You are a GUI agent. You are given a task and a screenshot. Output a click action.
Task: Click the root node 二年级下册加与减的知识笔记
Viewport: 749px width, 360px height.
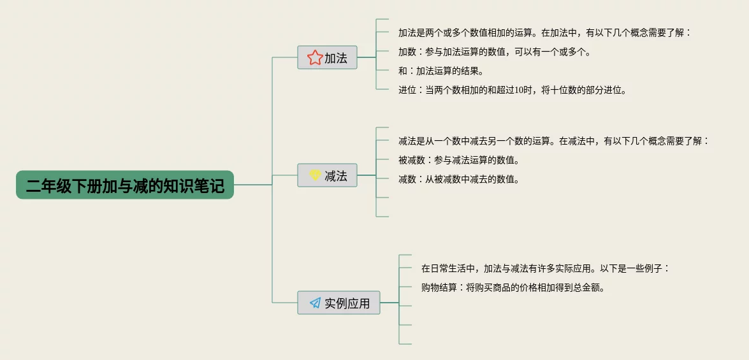(x=125, y=185)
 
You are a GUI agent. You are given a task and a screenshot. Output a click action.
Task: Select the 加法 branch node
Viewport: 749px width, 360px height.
(x=327, y=58)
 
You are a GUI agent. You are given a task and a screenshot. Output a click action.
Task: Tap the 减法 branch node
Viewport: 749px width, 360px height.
(x=327, y=176)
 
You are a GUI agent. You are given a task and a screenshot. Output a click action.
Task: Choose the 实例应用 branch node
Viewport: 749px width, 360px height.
(x=338, y=303)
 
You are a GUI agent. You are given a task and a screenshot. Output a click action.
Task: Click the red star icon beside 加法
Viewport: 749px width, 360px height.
(x=314, y=58)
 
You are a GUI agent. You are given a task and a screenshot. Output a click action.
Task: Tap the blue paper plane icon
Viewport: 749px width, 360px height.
(x=315, y=303)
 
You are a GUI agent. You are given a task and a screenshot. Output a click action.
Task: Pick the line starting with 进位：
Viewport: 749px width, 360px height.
(x=513, y=90)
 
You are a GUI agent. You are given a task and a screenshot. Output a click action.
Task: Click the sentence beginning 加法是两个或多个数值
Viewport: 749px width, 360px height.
(x=544, y=32)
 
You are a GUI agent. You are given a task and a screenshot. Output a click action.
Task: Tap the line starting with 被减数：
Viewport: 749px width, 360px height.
(x=458, y=160)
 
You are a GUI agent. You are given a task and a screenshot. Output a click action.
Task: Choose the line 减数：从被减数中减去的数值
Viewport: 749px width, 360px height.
(x=458, y=179)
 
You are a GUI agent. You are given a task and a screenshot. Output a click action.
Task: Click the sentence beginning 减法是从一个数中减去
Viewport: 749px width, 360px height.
(x=553, y=141)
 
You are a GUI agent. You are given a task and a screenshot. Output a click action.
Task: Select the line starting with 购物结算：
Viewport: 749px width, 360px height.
(x=513, y=287)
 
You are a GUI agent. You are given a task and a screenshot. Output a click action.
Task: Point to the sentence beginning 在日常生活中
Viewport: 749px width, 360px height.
(x=546, y=268)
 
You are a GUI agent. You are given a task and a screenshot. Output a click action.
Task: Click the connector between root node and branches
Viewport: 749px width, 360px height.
(x=254, y=185)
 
